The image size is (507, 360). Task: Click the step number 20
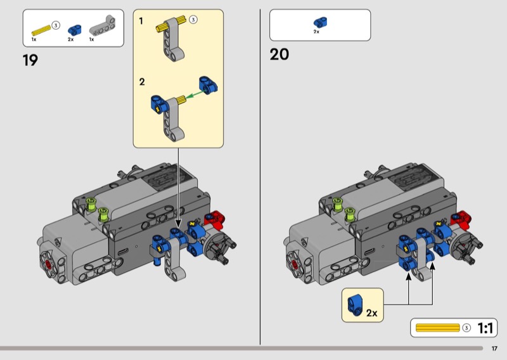click(x=279, y=55)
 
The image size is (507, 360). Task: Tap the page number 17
click(x=494, y=348)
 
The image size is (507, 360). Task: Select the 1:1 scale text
click(x=486, y=328)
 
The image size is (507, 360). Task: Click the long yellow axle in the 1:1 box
click(x=437, y=328)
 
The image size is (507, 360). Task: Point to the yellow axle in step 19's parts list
click(x=41, y=28)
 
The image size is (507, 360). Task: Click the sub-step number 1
click(x=141, y=21)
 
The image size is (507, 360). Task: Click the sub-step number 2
click(x=142, y=82)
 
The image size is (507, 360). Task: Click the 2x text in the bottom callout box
click(x=371, y=313)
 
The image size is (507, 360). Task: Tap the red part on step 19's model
click(x=218, y=219)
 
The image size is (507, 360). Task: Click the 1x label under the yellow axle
click(x=34, y=39)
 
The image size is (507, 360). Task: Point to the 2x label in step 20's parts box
click(x=316, y=32)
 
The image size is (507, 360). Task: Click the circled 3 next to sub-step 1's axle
click(x=194, y=20)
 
